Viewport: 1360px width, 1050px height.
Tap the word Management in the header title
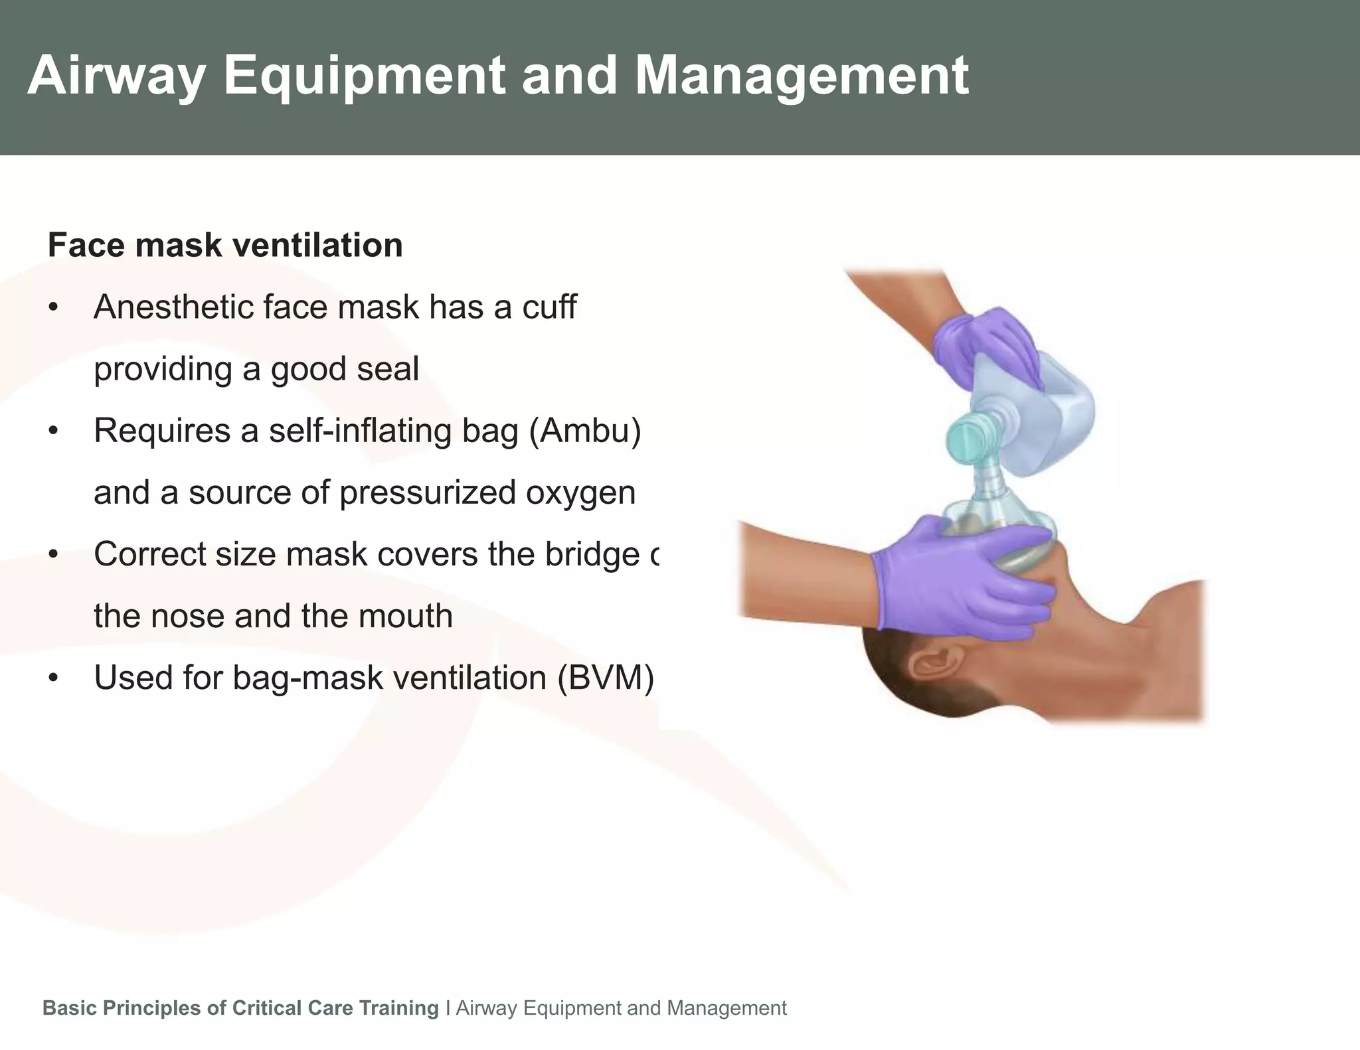802,77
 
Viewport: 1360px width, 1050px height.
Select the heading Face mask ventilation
225,245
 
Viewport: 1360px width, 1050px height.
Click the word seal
387,369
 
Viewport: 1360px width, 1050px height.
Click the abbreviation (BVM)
605,678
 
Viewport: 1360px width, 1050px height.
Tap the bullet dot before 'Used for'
54,678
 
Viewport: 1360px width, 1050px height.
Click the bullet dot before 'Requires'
54,431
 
